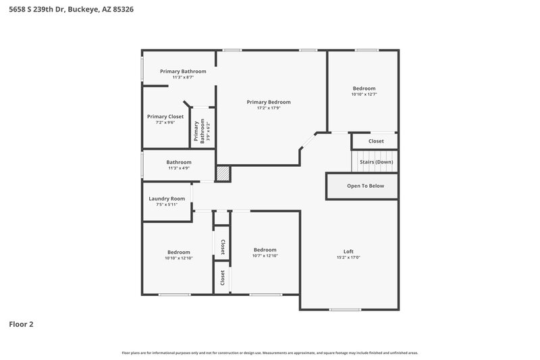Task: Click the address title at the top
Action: (65, 10)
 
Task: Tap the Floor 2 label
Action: (21, 324)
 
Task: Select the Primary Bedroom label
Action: (268, 102)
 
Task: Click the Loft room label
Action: (348, 251)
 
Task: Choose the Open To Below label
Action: (365, 186)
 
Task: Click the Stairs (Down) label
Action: (376, 162)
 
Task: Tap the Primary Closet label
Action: (165, 116)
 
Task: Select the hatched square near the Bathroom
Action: (223, 174)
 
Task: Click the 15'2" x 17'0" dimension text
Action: (348, 257)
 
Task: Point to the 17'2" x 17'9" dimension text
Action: (268, 108)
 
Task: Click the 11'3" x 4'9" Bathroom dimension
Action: (179, 168)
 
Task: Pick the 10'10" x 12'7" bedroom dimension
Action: (364, 95)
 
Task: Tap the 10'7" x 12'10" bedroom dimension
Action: (265, 256)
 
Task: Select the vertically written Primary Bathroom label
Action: (199, 132)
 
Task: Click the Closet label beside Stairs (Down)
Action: (376, 141)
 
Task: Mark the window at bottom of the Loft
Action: (345, 309)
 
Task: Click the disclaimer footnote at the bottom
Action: (269, 353)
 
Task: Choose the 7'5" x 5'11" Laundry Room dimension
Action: (166, 205)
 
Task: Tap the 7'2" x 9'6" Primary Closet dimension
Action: (165, 122)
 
